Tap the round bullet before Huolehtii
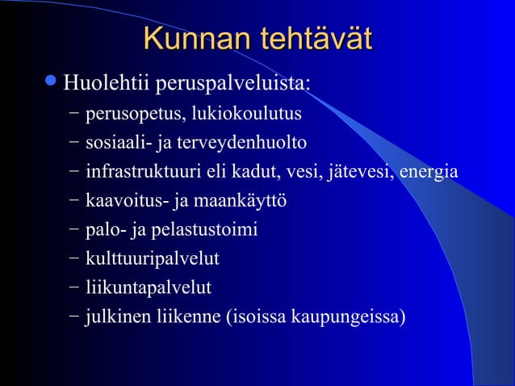click(x=51, y=82)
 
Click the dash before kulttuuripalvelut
click(x=74, y=258)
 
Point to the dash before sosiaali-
click(x=74, y=143)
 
